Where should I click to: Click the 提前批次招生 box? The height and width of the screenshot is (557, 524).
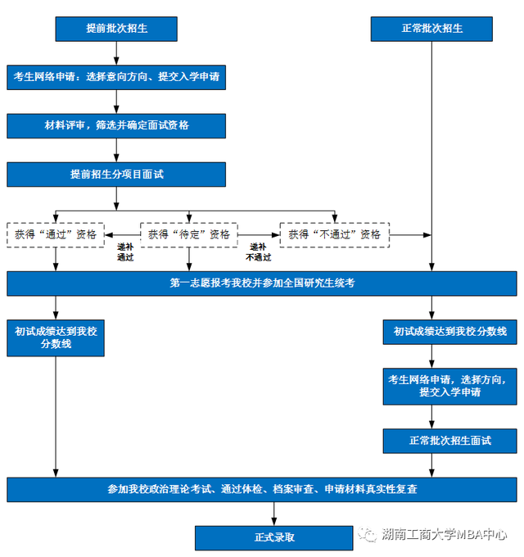click(x=116, y=29)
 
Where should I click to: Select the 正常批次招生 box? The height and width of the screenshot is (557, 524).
click(x=431, y=29)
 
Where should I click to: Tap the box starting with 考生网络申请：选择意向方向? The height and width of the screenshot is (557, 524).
click(x=116, y=77)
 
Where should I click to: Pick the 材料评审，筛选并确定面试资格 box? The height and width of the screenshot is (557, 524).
click(x=116, y=126)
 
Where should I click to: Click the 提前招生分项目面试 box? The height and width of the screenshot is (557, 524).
click(x=116, y=174)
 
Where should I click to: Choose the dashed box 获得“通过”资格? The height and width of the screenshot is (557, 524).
click(x=56, y=235)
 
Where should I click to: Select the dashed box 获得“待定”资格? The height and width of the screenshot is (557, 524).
click(x=189, y=235)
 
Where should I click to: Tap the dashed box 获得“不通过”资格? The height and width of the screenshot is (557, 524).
click(x=334, y=235)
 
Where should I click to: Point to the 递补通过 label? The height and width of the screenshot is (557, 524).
click(x=125, y=251)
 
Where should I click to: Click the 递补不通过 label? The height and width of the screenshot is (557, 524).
click(x=259, y=251)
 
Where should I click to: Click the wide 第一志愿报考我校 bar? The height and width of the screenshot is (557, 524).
click(x=262, y=283)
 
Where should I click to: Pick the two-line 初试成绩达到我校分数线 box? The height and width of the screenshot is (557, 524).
click(x=56, y=337)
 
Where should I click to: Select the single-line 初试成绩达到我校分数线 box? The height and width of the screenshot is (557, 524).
click(x=449, y=332)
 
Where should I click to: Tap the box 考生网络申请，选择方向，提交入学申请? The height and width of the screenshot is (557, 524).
click(x=449, y=386)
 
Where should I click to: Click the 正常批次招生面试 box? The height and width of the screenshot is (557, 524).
click(x=449, y=441)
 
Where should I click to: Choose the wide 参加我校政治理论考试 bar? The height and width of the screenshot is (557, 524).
click(x=262, y=490)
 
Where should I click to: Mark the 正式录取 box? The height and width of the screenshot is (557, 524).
click(x=273, y=538)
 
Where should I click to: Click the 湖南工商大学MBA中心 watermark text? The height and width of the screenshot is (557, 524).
click(x=444, y=534)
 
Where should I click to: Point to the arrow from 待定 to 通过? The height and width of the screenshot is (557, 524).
click(x=123, y=235)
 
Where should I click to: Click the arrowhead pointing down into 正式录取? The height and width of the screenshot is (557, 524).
click(x=273, y=522)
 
